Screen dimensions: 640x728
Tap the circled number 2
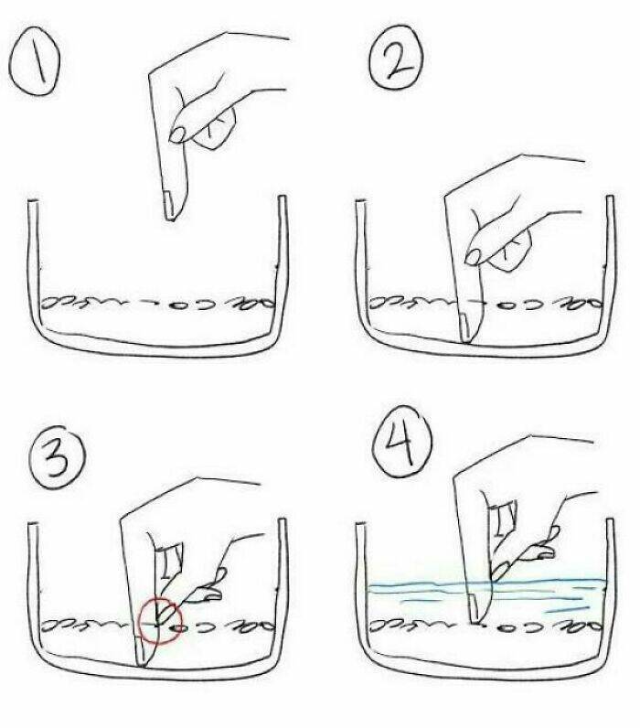click(396, 56)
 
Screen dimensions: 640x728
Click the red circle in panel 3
click(160, 621)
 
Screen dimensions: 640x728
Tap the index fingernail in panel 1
click(169, 204)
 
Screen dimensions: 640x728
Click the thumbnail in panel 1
click(177, 134)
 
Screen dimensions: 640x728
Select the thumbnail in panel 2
click(474, 257)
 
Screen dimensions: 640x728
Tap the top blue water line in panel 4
click(487, 583)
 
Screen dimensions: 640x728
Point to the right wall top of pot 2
click(609, 198)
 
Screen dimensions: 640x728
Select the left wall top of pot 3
click(33, 525)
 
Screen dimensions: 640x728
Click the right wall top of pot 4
click(611, 521)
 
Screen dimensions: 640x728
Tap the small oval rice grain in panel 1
click(176, 306)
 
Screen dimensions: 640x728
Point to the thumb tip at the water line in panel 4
click(497, 573)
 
